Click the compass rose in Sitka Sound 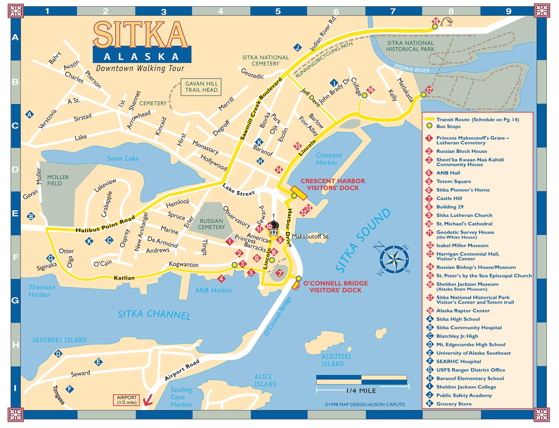(x=394, y=259)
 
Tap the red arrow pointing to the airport (x=148, y=400)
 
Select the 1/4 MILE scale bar (x=362, y=380)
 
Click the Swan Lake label (x=123, y=159)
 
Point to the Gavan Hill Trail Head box (x=201, y=87)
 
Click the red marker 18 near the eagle (x=435, y=21)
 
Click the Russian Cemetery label (x=211, y=224)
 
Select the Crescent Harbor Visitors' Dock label (x=332, y=184)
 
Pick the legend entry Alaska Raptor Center (x=463, y=311)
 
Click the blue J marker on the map (x=297, y=48)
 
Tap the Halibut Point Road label (x=105, y=224)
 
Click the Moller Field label (x=58, y=180)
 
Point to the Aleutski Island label (x=336, y=360)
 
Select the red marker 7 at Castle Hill (x=279, y=273)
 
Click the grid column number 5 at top (x=278, y=11)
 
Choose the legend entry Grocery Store (x=454, y=404)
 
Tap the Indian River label (x=412, y=68)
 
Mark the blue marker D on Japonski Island (x=58, y=354)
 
